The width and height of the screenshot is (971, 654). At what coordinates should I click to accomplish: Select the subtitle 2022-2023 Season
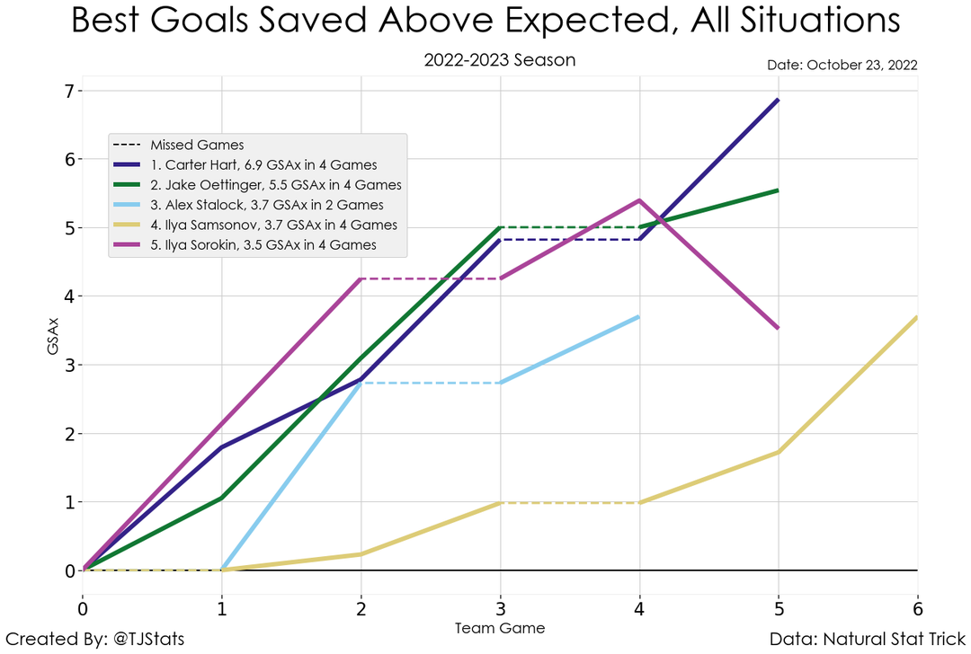pos(499,61)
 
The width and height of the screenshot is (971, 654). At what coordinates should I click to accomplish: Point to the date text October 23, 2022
pos(842,66)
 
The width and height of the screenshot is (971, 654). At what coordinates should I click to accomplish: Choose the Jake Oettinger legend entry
pos(275,185)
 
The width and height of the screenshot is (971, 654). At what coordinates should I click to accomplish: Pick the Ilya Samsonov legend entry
pos(273,225)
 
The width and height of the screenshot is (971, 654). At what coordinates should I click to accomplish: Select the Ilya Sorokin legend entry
pos(263,244)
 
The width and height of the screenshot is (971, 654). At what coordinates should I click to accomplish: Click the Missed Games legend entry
pos(197,145)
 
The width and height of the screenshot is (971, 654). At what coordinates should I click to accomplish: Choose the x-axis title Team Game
pos(499,627)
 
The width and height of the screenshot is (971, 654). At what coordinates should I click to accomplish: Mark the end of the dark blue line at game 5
pos(778,100)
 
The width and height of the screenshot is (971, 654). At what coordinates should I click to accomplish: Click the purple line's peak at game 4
pos(638,200)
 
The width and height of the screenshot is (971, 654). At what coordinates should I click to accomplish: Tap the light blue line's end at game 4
pos(638,316)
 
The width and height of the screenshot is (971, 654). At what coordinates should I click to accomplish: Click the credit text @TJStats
pos(94,640)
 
